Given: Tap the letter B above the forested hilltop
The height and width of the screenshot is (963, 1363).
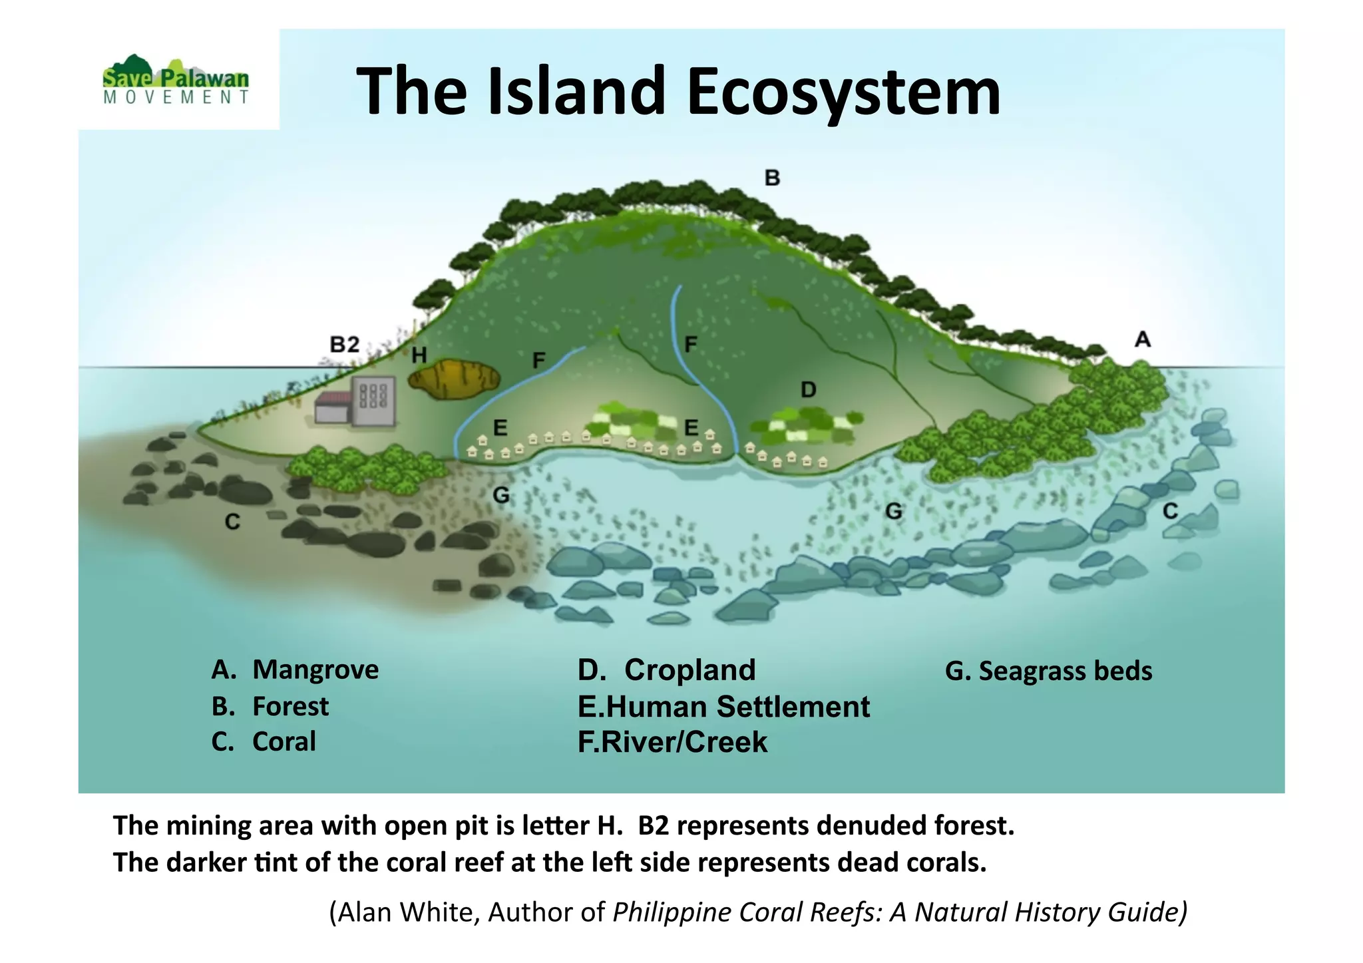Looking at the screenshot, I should (772, 178).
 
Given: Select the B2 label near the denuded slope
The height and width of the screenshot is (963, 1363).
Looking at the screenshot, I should (345, 345).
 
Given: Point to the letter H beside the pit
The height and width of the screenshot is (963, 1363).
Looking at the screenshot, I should (419, 355).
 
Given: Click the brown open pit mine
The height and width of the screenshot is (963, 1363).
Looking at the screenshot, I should (454, 379).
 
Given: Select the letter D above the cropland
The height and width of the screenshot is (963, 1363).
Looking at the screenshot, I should (808, 390).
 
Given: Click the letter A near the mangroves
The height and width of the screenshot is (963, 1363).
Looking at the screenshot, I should (1142, 340).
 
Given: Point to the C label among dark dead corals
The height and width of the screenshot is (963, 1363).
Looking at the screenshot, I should (232, 522).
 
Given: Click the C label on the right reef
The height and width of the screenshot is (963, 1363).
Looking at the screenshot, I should (1170, 512).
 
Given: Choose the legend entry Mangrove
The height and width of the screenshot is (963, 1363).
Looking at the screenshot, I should (315, 670).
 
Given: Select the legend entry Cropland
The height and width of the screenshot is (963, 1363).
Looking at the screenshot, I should (689, 670).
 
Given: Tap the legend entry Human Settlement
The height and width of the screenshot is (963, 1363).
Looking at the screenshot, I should (737, 707).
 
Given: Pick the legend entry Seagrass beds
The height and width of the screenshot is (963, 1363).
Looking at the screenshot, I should (1065, 672).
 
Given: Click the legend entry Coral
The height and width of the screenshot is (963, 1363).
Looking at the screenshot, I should (284, 742).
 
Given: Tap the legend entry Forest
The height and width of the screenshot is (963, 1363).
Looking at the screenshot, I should (290, 707).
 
